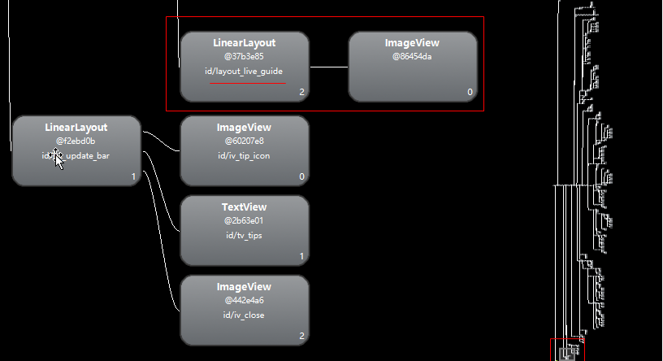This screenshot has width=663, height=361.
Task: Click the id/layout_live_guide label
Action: (244, 72)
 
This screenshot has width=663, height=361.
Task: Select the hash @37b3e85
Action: (244, 57)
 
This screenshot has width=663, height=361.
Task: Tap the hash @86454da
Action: (412, 57)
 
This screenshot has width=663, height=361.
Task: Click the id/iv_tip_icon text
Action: (244, 155)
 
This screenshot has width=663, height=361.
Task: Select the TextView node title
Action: (244, 207)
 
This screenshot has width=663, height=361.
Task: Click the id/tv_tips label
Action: (244, 236)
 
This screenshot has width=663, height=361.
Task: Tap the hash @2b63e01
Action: (244, 220)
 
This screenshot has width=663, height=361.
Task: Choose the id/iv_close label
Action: (244, 315)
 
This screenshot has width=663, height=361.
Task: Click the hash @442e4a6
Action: (244, 300)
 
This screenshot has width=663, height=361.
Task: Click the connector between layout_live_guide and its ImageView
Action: (328, 67)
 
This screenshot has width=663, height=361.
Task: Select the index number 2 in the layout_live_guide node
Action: (301, 93)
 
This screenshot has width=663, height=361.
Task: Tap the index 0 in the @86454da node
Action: (470, 93)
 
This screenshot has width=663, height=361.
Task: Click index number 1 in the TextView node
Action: (301, 257)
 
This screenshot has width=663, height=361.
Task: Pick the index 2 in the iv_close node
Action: (301, 336)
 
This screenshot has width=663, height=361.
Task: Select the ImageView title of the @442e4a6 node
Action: (244, 287)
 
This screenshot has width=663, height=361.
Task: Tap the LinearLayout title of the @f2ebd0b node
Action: (76, 128)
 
